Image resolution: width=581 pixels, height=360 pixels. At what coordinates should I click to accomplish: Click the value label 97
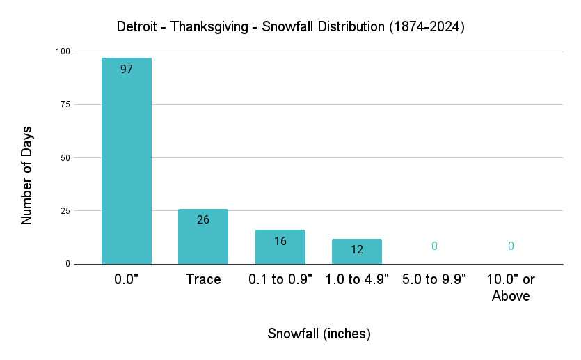tap(126, 70)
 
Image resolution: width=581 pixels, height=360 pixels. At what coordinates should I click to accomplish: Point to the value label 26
tap(203, 220)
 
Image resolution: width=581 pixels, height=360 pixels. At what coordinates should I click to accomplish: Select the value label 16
tap(280, 242)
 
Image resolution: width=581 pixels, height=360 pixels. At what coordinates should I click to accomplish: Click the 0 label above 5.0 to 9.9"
tap(434, 246)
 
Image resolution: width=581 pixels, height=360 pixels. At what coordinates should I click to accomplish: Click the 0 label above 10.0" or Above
tap(511, 246)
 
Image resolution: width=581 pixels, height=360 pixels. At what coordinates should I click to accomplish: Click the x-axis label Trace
tap(203, 280)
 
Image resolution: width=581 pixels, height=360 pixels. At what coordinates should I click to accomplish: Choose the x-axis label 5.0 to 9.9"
tap(434, 280)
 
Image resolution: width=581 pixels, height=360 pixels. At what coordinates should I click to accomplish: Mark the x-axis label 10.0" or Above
tap(511, 288)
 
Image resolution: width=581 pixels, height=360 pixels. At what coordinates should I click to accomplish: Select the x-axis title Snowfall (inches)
tap(319, 334)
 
